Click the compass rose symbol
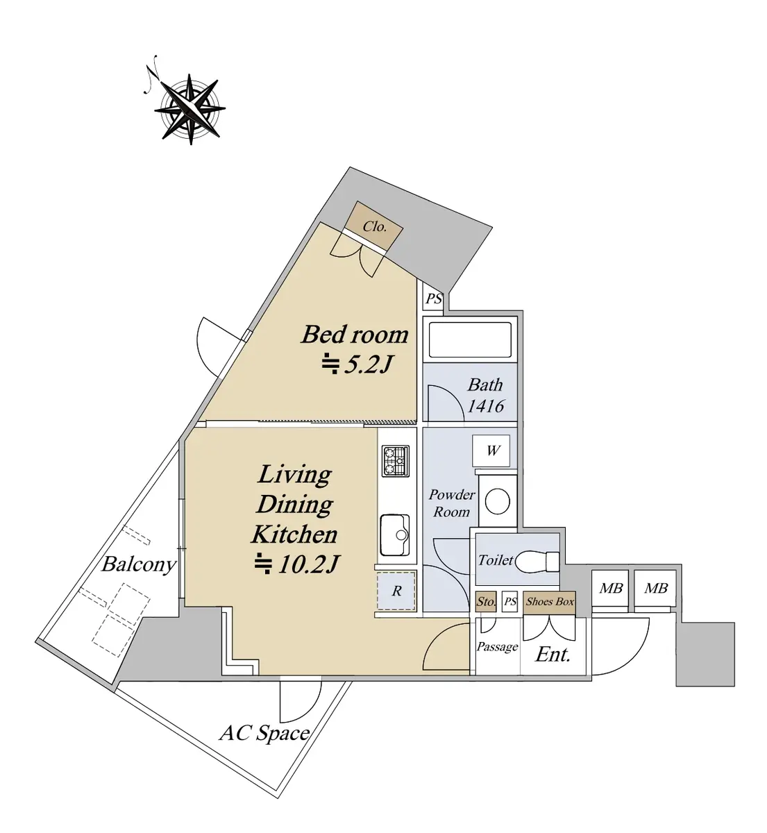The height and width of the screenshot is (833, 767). [189, 109]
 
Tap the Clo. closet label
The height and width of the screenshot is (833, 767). [375, 226]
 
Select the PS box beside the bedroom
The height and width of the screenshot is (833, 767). [434, 298]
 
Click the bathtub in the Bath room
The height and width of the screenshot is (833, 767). [470, 340]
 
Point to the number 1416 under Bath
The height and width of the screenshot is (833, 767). [486, 405]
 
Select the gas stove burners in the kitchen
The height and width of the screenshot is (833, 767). [396, 461]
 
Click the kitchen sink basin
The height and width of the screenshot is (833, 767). [395, 535]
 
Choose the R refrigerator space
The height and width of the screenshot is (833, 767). [396, 591]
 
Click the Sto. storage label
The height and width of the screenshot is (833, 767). [486, 601]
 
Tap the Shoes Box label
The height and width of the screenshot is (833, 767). [550, 601]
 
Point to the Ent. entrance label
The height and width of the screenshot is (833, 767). [553, 655]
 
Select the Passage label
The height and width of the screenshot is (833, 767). [498, 647]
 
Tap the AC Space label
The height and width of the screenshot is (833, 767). [264, 733]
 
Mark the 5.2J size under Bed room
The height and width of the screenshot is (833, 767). [357, 365]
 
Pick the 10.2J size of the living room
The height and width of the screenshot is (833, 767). [297, 564]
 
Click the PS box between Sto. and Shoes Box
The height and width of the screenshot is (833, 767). [510, 602]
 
